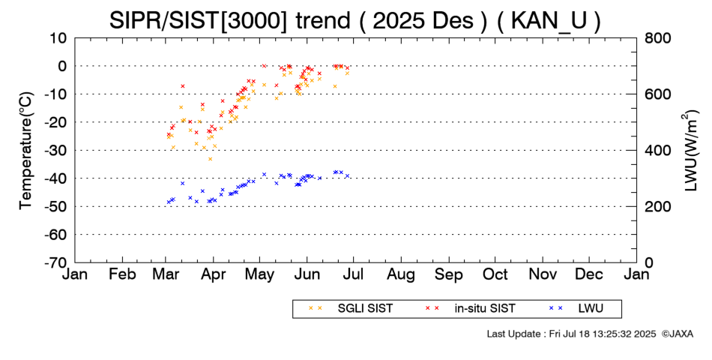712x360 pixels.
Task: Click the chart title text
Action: (x=355, y=19)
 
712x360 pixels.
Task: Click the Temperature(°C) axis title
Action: (x=25, y=150)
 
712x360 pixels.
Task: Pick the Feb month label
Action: (x=122, y=274)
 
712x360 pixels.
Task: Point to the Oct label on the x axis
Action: (x=495, y=274)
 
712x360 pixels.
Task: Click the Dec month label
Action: (x=589, y=274)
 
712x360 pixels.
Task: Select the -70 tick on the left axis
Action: (x=56, y=262)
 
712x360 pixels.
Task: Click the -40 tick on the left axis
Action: (x=56, y=178)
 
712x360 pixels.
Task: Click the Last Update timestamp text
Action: (x=570, y=333)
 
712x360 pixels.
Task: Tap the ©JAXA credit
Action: (x=677, y=333)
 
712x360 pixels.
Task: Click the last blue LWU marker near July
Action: (x=348, y=176)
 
